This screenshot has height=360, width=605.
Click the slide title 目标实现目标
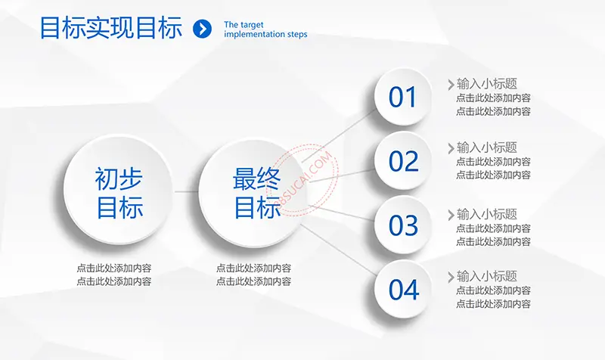click(111, 28)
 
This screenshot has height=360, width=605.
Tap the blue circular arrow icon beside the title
click(202, 29)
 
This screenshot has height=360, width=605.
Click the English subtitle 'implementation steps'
click(265, 34)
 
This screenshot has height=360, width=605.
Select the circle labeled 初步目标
click(119, 191)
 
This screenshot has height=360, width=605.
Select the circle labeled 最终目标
click(253, 193)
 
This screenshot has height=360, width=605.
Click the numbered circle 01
click(403, 97)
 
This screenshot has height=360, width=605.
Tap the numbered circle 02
click(403, 160)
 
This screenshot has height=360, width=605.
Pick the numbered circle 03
click(403, 225)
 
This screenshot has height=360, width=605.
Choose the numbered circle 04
click(403, 289)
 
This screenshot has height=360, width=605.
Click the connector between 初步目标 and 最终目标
click(186, 191)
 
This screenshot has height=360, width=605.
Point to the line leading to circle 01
click(339, 135)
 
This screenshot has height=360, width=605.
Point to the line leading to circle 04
click(339, 250)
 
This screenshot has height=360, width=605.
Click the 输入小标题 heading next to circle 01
click(486, 84)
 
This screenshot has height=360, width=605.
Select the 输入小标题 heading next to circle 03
click(486, 214)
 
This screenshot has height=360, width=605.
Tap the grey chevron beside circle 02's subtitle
click(451, 148)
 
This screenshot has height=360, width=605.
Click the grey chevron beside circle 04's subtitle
click(451, 277)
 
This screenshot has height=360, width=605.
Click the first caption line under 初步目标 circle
click(114, 268)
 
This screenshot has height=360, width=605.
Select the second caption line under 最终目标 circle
click(253, 281)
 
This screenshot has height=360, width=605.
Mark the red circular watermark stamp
click(303, 180)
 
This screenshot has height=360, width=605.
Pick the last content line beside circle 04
click(493, 304)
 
